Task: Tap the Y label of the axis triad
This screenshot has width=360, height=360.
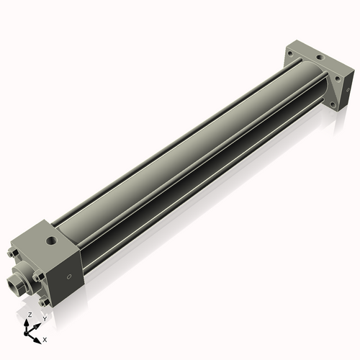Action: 45,318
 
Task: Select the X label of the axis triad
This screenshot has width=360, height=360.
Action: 45,338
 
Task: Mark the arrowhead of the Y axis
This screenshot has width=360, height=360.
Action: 39,323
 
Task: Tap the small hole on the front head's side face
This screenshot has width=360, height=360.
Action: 69,276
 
